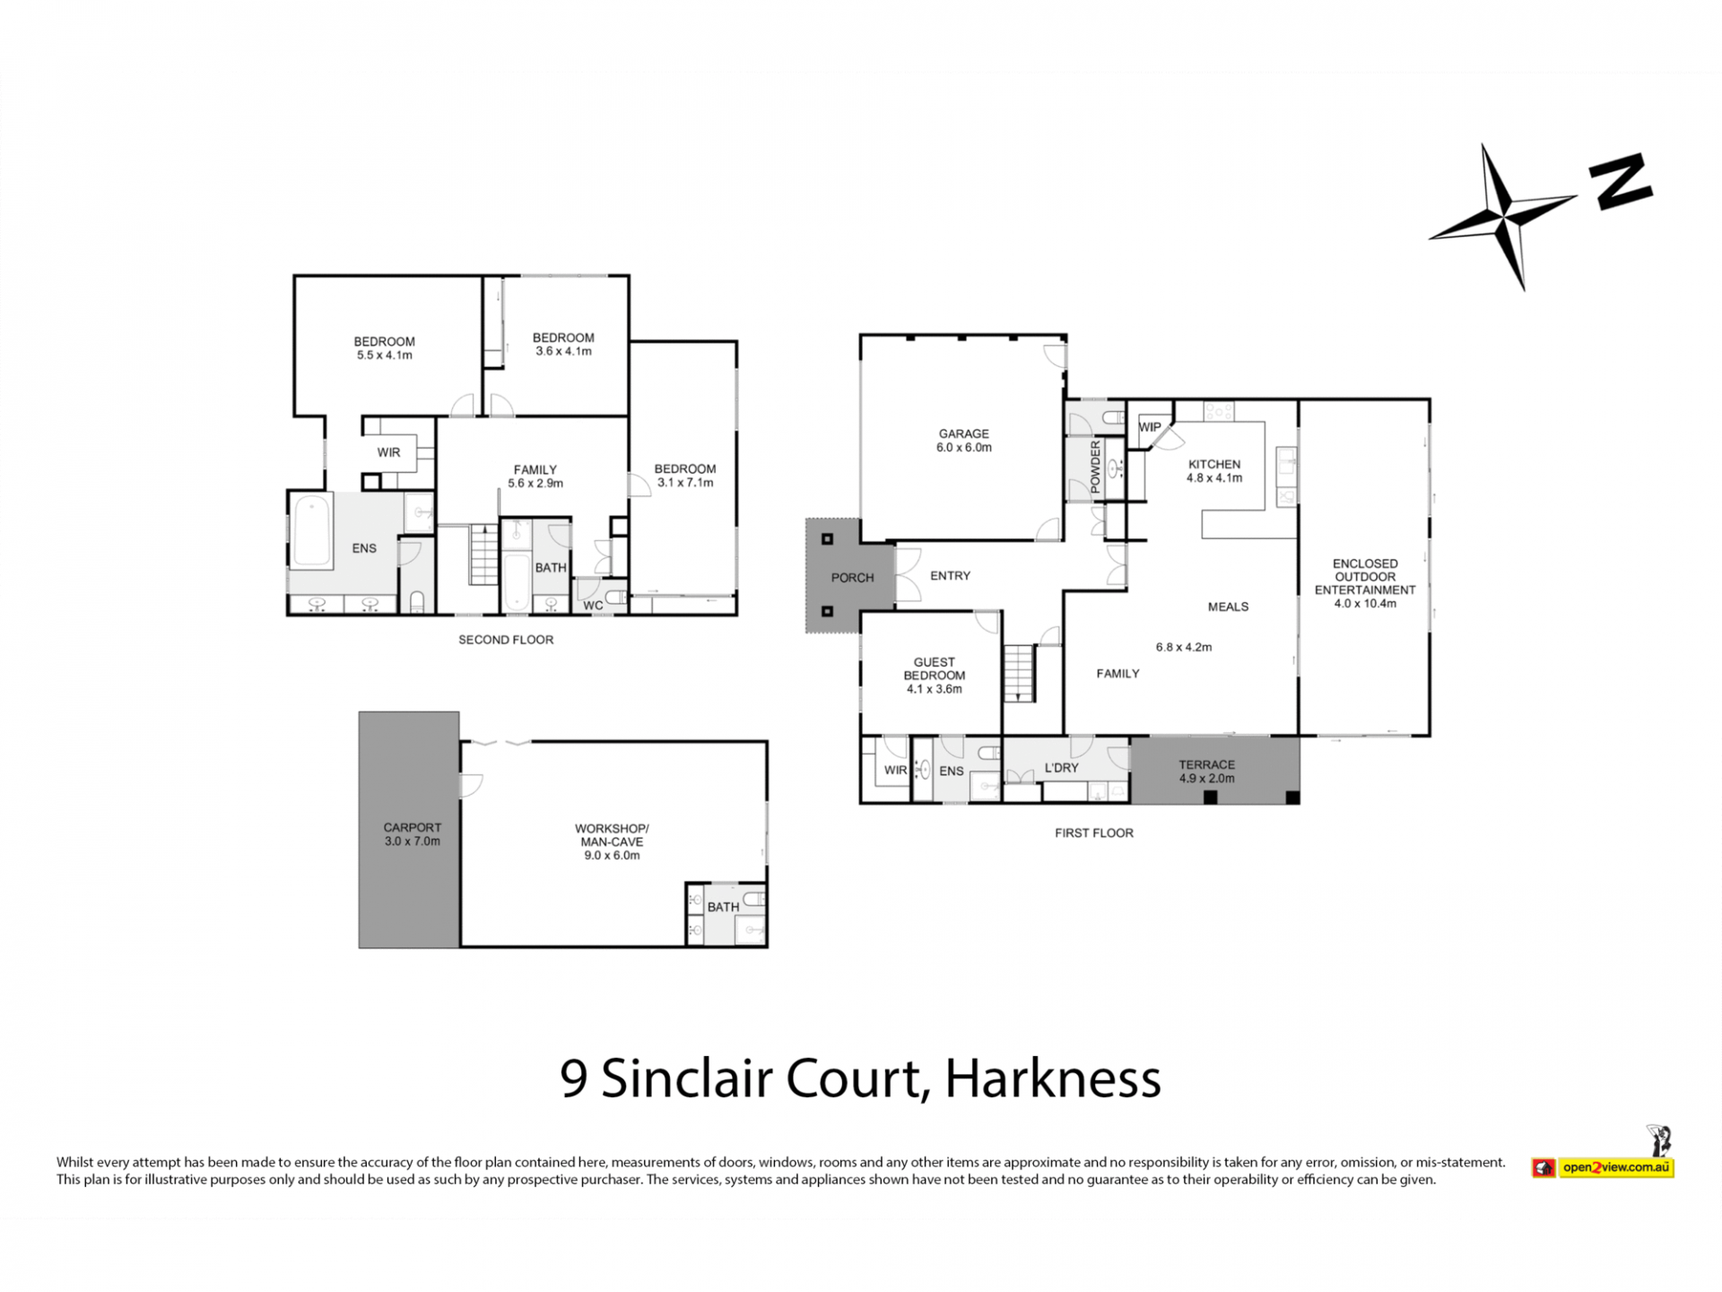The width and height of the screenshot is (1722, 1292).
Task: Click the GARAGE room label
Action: [x=963, y=433]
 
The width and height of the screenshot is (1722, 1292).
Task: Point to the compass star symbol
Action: [x=1505, y=216]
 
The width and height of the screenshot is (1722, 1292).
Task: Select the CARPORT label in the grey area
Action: [x=413, y=827]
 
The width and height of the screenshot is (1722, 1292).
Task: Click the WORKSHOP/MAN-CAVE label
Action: [x=612, y=835]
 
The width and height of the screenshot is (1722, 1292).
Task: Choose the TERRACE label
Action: [x=1206, y=764]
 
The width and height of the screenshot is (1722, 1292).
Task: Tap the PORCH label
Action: [x=852, y=578]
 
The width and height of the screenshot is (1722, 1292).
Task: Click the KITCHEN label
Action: [x=1214, y=464]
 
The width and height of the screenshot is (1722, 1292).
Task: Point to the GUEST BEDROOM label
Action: [x=934, y=668]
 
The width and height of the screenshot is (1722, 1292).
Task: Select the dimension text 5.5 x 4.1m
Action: [x=385, y=355]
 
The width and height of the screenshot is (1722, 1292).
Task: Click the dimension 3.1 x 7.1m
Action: [x=685, y=483]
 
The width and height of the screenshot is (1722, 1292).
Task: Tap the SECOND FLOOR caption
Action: [x=506, y=640]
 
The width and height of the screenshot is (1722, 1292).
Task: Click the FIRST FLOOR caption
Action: [x=1094, y=833]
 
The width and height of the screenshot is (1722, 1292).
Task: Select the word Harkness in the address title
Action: [x=1053, y=1078]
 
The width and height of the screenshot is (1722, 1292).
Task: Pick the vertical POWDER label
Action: [x=1095, y=467]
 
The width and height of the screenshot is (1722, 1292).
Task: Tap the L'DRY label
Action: [x=1062, y=768]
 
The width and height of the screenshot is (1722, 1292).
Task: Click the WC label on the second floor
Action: [x=593, y=606]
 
